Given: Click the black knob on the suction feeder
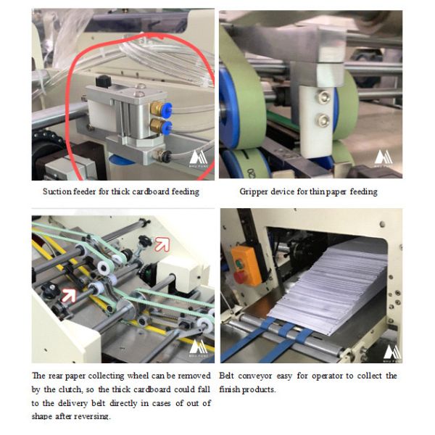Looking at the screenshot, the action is click(x=104, y=81).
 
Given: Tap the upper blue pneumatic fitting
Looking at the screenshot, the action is click(x=167, y=107).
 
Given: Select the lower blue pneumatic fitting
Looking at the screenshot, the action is click(x=166, y=128).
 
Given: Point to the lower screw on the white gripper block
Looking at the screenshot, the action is click(x=323, y=120).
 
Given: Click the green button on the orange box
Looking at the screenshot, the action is click(x=239, y=263).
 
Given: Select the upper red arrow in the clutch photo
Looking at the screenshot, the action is click(x=162, y=244).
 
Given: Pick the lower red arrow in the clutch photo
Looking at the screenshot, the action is click(x=69, y=295).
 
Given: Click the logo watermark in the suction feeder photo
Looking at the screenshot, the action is click(x=198, y=158).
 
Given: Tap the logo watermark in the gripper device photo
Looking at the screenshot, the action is click(x=384, y=158).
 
